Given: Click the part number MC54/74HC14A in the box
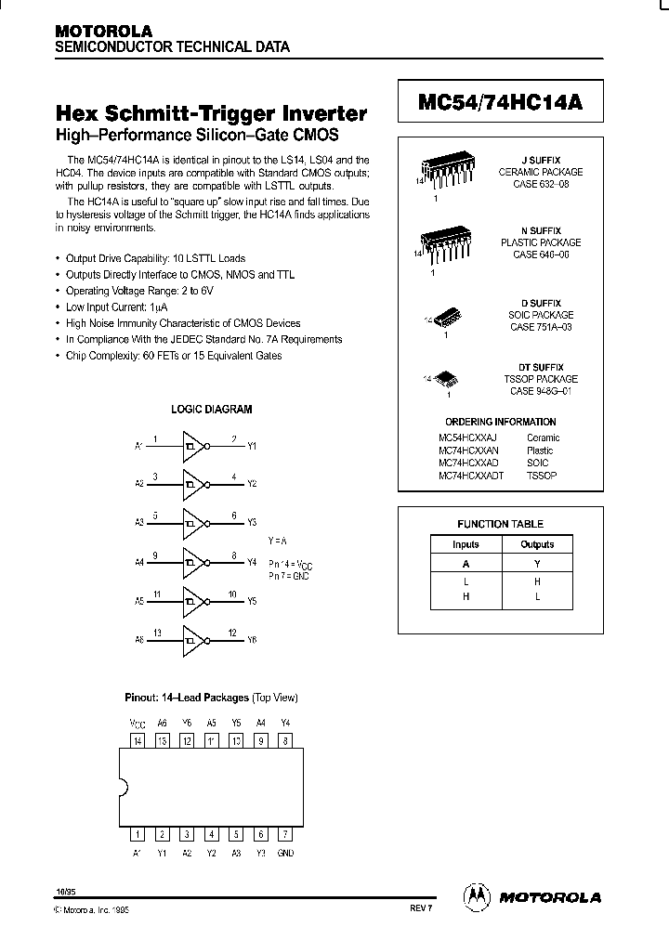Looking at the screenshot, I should tap(500, 103).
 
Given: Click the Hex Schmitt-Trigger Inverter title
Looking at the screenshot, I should tap(212, 114).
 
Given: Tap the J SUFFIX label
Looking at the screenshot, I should tap(540, 161).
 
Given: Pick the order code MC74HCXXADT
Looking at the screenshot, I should tap(471, 475).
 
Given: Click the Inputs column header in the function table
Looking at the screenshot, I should tap(466, 544).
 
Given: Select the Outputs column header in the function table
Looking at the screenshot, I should tap(537, 544).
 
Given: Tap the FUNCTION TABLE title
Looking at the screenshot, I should tap(500, 524).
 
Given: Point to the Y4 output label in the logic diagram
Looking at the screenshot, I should tap(251, 562).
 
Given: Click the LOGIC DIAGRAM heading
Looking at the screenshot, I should tap(211, 409).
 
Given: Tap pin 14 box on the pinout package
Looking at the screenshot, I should tap(138, 740).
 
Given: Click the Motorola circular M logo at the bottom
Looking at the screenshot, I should tap(476, 896).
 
